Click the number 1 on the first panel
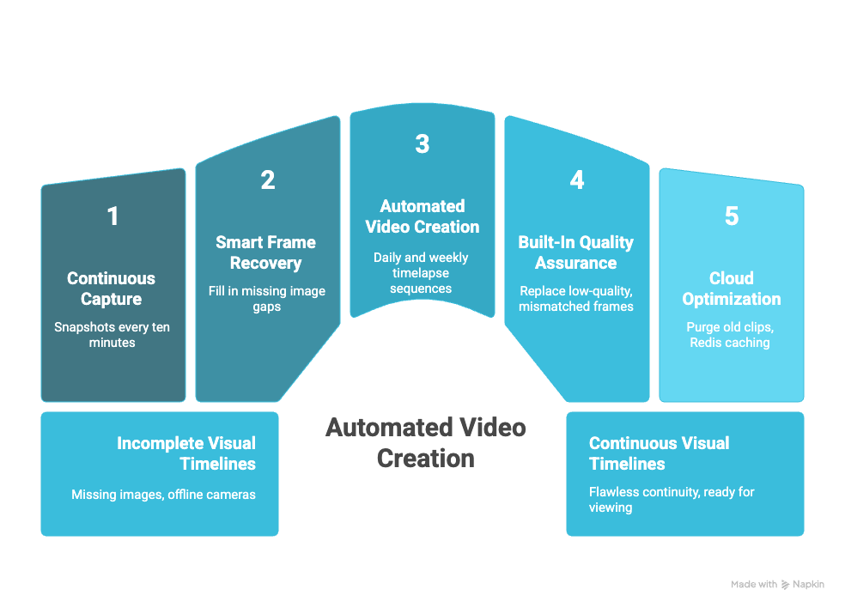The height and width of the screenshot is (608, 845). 112,216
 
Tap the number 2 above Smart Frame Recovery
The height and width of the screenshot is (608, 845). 267,180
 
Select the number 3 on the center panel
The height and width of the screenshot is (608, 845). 422,144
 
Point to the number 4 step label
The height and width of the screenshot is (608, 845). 576,180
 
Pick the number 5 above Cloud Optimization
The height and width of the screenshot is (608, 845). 731,216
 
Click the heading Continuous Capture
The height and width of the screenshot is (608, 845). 112,289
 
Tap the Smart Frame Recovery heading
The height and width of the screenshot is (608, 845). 266,252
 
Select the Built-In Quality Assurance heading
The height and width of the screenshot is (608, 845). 575,252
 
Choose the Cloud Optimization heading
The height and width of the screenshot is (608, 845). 732,289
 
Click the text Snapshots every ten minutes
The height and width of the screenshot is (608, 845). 112,334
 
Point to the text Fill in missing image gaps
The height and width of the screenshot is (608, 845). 266,298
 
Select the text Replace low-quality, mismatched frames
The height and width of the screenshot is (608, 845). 575,298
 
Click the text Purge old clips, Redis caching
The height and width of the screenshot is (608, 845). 731,334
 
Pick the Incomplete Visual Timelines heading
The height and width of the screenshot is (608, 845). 186,453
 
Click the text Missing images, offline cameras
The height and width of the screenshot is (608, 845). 163,494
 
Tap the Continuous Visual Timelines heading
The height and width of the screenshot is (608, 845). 659,453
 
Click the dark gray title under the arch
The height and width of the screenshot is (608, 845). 425,442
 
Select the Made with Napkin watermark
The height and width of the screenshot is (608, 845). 777,584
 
